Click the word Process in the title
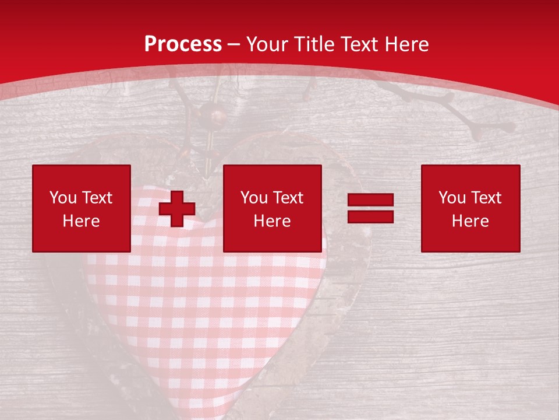183,44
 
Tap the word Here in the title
406,44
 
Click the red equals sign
370,209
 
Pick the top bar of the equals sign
370,200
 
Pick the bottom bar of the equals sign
370,217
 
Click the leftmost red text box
82,208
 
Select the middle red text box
273,208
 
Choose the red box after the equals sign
470,208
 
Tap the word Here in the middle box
273,221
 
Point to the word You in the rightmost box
452,198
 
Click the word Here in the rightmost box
470,221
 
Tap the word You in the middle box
254,198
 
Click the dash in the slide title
234,44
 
